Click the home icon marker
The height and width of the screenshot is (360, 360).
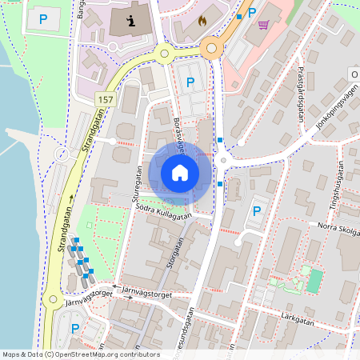(x=180, y=172)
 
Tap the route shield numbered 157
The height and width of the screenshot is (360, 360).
(x=104, y=98)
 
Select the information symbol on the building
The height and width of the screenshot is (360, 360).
(x=131, y=19)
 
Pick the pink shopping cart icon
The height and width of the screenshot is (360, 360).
(x=263, y=26)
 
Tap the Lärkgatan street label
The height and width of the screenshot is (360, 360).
(x=297, y=320)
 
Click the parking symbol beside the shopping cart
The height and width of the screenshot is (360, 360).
(x=252, y=12)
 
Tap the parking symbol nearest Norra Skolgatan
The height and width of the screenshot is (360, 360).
(x=257, y=211)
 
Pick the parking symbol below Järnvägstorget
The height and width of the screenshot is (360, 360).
(x=75, y=328)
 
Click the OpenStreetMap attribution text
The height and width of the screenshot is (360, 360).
(x=80, y=354)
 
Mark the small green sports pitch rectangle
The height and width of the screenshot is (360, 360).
(x=314, y=280)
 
